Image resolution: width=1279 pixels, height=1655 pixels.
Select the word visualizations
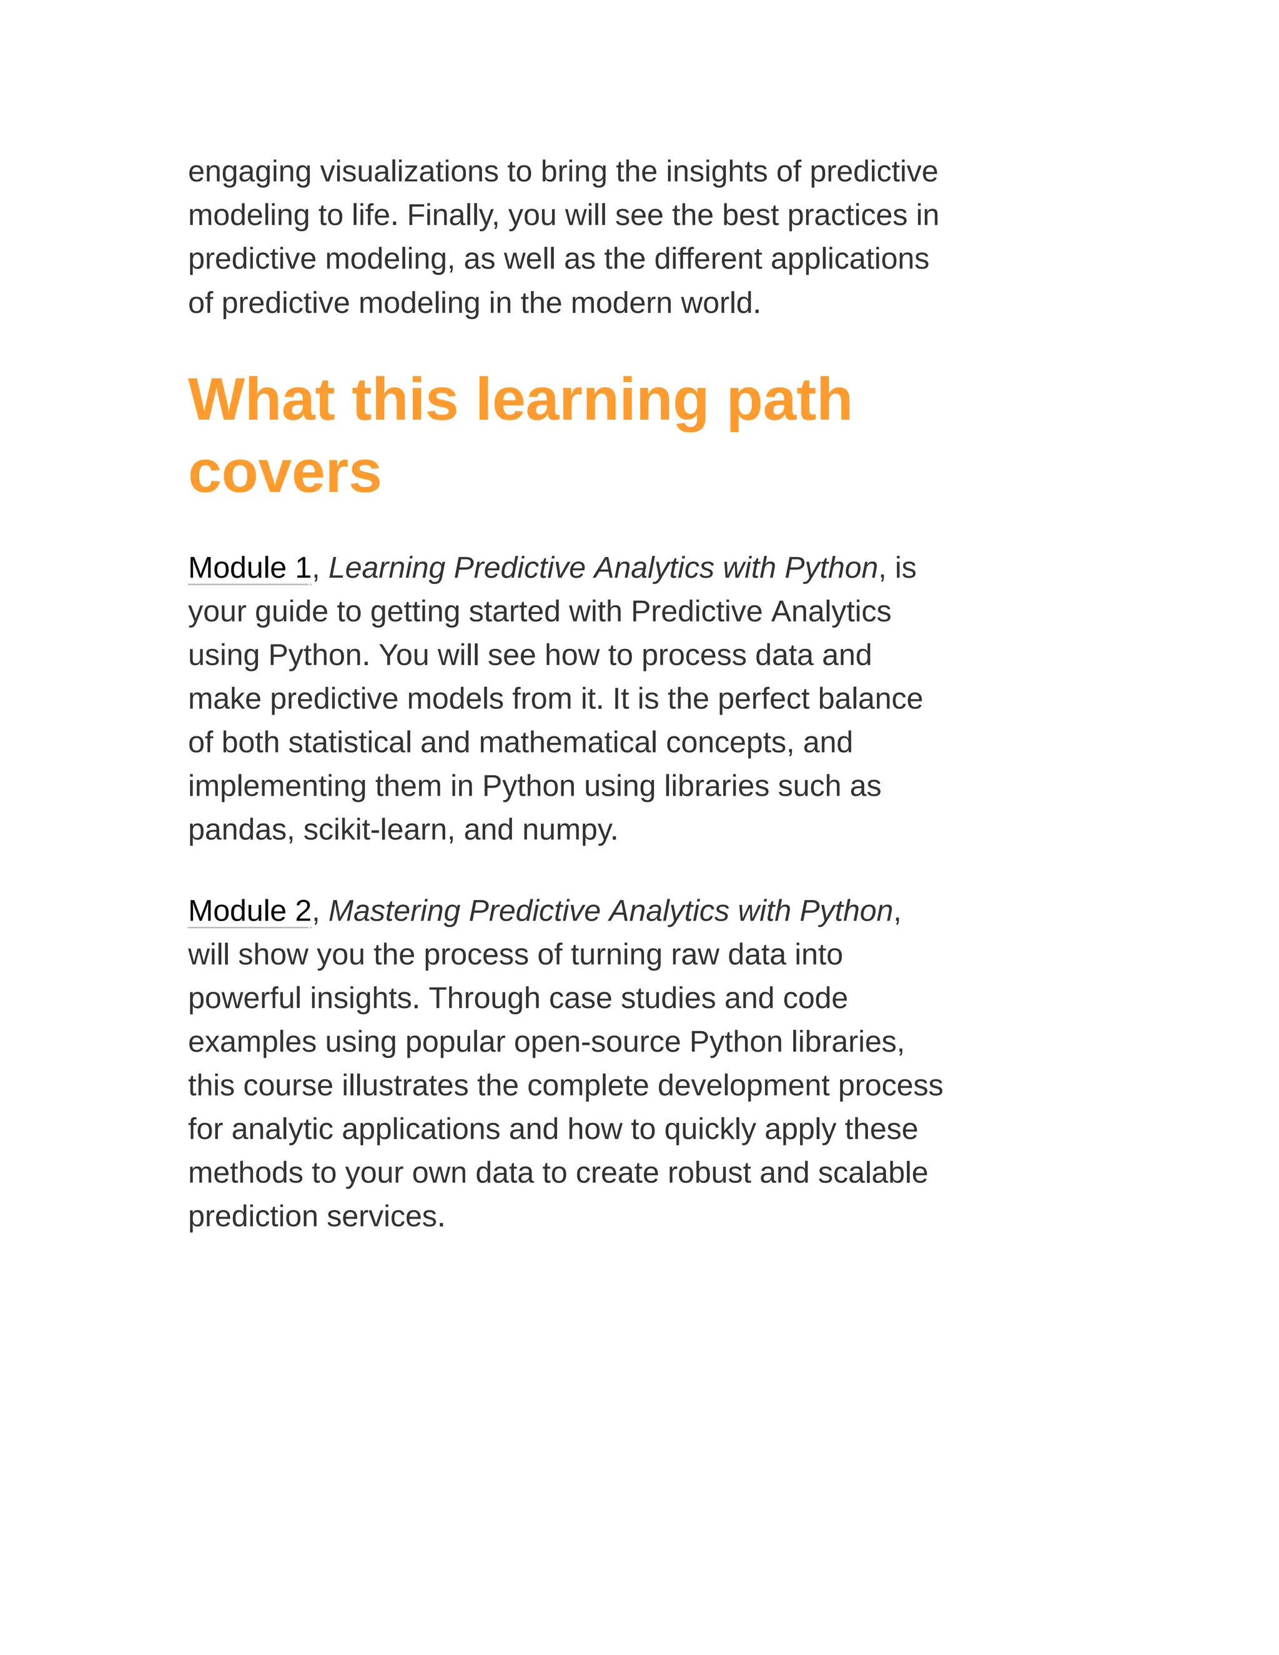(408, 172)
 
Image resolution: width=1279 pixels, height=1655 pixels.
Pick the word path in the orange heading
(789, 402)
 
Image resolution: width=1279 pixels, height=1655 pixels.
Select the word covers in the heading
(284, 473)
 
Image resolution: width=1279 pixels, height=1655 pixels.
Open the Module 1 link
(249, 568)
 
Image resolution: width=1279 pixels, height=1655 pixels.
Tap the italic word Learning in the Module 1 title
(387, 568)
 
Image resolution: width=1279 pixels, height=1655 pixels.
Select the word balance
(878, 699)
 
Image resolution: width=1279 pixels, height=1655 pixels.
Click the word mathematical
(568, 743)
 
